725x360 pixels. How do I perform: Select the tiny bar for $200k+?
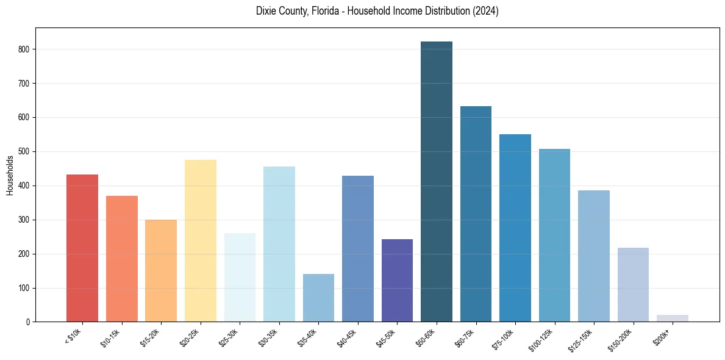(673, 318)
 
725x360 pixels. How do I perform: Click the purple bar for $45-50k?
(397, 281)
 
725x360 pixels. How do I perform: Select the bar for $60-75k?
(476, 214)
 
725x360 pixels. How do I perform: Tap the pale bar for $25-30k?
(240, 278)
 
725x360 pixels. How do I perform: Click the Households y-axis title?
(10, 175)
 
